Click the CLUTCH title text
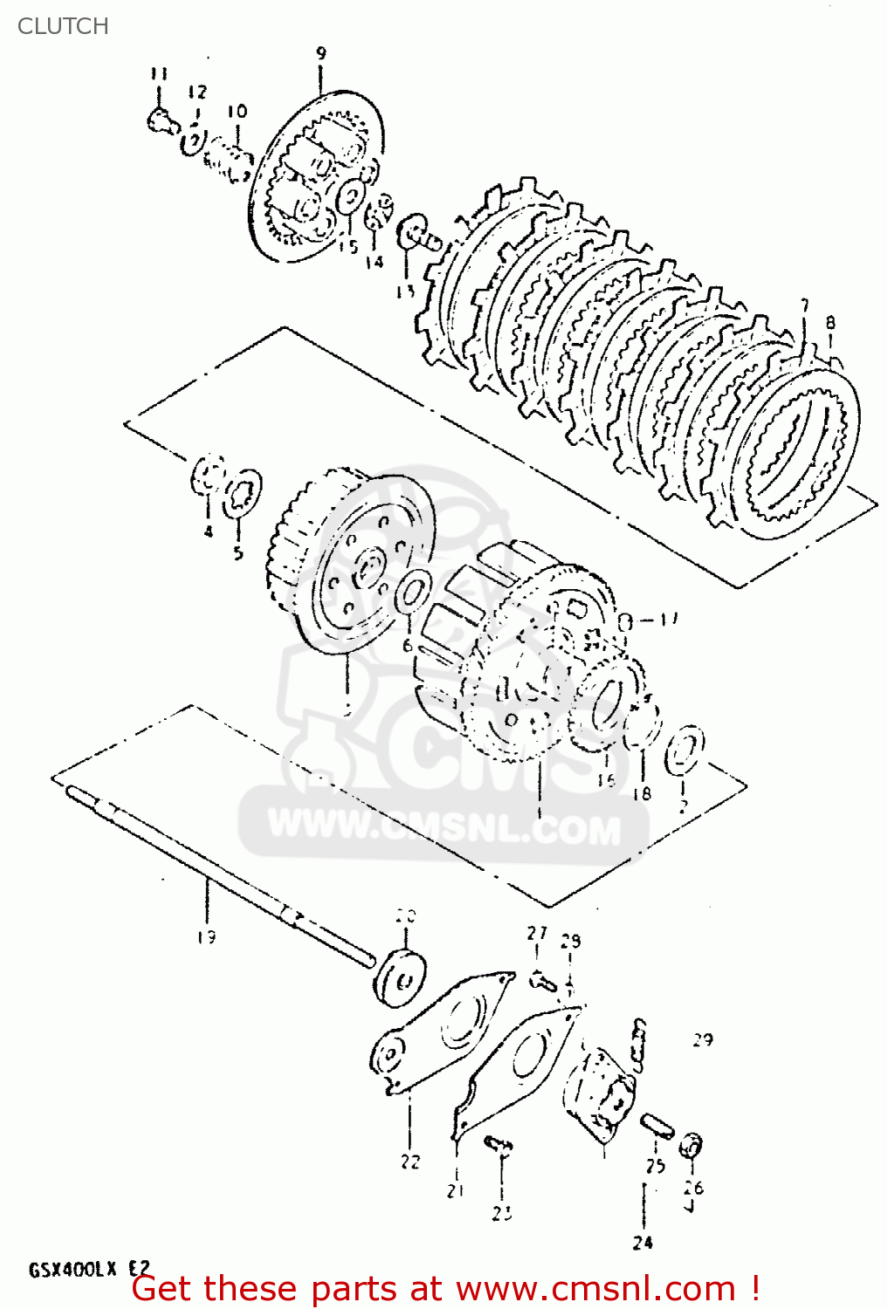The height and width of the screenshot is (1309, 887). tap(63, 26)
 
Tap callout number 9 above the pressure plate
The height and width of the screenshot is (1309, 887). tap(321, 54)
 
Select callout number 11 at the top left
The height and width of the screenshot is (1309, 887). tap(158, 73)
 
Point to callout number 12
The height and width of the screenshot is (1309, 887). tap(197, 92)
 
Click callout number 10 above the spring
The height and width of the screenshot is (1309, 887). tap(237, 112)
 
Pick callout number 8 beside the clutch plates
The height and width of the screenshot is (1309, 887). tap(830, 323)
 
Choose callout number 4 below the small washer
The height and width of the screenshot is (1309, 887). tap(208, 531)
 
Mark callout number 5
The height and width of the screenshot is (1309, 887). tap(238, 552)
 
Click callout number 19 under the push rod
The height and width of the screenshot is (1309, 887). tap(206, 937)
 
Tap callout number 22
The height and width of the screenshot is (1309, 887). tap(410, 1162)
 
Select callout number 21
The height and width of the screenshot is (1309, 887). tap(456, 1190)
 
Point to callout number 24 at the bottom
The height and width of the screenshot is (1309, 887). tap(643, 1243)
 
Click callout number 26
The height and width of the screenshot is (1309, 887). tap(693, 1188)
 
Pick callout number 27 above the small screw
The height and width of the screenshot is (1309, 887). tap(537, 933)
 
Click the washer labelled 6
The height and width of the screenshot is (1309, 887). tap(412, 592)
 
